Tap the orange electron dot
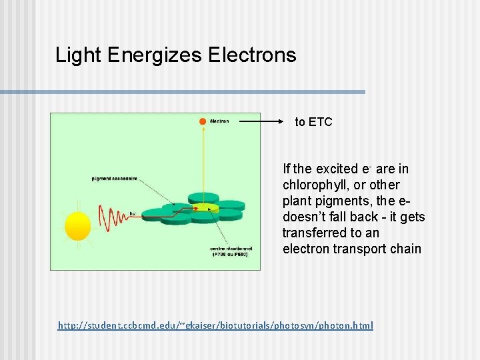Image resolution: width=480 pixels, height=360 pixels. [x=202, y=121]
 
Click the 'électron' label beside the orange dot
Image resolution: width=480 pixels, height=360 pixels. [x=219, y=121]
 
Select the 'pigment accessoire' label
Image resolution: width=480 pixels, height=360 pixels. [x=115, y=178]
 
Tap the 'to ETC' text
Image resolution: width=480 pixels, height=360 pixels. [x=313, y=122]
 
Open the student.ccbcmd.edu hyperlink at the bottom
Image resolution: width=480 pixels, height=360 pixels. [x=215, y=325]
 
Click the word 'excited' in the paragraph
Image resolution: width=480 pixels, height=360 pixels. [x=337, y=169]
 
